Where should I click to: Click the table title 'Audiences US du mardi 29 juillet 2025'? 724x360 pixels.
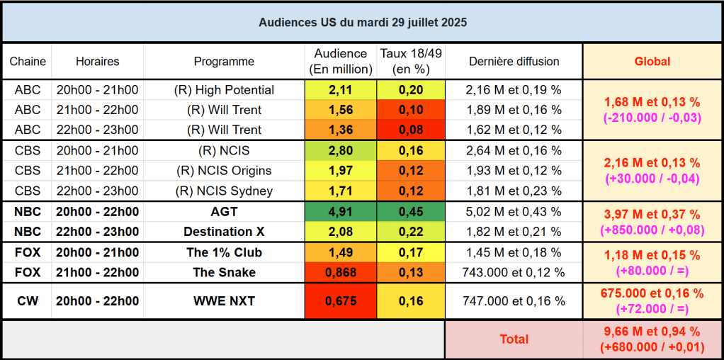pos(362,22)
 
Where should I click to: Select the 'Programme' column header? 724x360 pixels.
pos(224,62)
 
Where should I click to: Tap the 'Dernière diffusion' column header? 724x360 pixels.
pos(514,62)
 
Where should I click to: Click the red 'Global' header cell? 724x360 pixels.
pos(652,62)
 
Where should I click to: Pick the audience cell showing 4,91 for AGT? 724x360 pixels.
pos(340,212)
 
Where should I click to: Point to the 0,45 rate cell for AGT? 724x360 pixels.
pos(411,212)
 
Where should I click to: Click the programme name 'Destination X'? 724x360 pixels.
pos(223,232)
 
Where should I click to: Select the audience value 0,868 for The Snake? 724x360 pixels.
pos(340,273)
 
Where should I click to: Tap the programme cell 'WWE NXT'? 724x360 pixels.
pos(224,301)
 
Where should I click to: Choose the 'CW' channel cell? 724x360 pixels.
pos(28,301)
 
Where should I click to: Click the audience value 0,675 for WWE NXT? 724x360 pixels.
pos(340,301)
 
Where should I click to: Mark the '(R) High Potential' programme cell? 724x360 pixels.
pos(224,90)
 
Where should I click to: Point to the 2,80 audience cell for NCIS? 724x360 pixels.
pos(340,151)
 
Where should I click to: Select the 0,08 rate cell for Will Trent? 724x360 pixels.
pos(411,130)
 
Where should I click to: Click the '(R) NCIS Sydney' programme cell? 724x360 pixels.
pos(224,191)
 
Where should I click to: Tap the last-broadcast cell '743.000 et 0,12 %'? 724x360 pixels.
pos(514,273)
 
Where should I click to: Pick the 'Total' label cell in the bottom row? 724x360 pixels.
pos(514,339)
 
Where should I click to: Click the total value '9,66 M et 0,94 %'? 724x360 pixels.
pos(652,332)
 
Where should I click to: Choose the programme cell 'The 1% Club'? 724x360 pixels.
pos(224,253)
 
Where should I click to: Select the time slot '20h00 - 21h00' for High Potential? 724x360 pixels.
pos(97,90)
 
